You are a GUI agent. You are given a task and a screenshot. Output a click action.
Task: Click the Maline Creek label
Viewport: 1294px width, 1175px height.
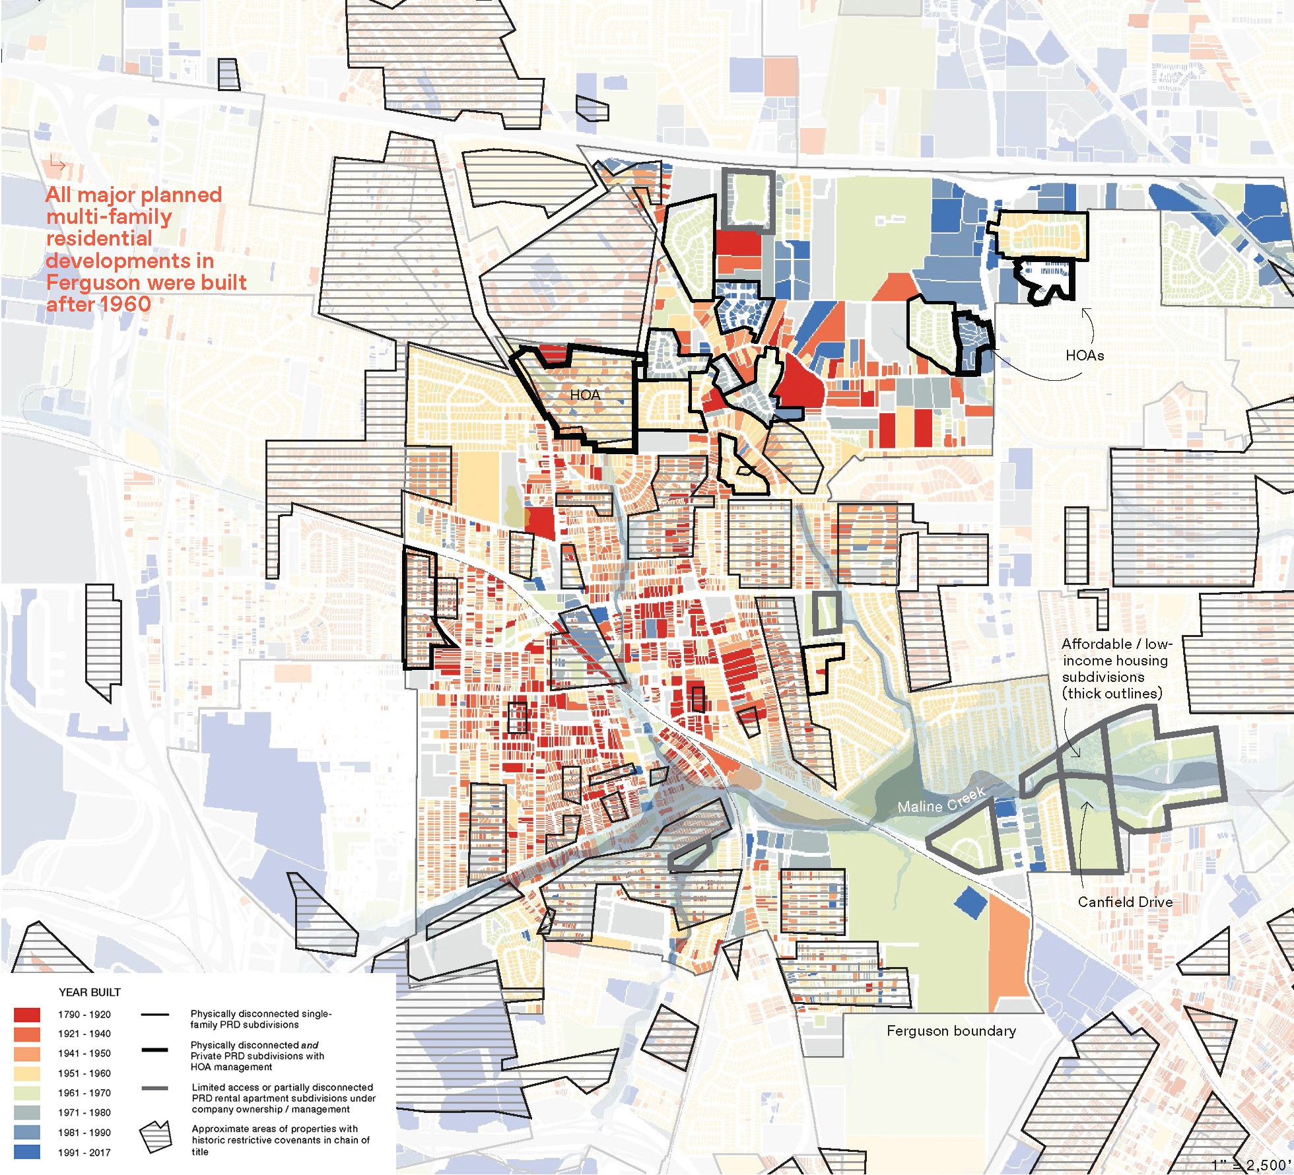tap(941, 800)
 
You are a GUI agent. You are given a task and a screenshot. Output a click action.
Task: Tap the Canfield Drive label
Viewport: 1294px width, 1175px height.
tap(1125, 902)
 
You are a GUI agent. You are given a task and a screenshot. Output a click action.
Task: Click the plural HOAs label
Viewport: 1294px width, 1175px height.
tap(1085, 356)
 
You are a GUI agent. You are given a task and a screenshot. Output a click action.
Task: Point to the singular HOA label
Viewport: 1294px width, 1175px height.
tap(585, 395)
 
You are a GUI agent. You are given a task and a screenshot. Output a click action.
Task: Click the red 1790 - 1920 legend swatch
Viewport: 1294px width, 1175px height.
tap(26, 1015)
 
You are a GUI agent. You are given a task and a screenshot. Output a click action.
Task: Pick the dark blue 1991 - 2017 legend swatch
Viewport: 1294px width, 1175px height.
tap(26, 1153)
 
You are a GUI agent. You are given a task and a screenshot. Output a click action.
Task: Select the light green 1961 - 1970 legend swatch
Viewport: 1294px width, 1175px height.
tap(26, 1093)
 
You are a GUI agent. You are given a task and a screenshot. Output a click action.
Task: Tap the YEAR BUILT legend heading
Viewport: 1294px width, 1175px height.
tap(90, 992)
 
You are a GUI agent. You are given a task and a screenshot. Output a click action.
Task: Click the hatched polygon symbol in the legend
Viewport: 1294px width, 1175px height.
tap(155, 1137)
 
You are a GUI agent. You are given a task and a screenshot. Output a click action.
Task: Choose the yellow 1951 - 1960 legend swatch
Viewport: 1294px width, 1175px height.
tap(26, 1073)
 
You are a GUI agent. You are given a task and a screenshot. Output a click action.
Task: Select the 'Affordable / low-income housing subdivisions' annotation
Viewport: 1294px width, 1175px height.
tap(1114, 668)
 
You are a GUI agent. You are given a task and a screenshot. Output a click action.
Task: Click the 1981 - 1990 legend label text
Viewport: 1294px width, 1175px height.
tap(85, 1133)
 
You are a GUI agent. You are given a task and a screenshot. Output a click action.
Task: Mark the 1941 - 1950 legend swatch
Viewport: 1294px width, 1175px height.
tap(26, 1054)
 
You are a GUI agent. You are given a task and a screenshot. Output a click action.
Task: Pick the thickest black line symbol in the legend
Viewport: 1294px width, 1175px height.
tap(155, 1050)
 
